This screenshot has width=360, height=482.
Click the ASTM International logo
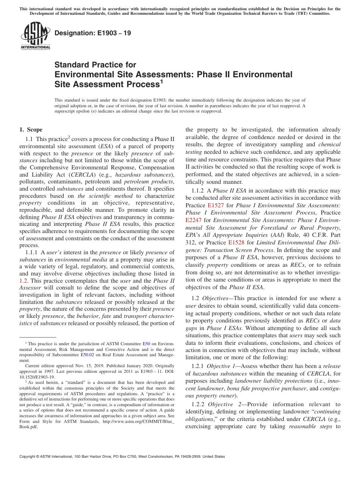click(35, 36)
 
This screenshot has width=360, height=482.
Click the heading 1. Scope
click(31, 130)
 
